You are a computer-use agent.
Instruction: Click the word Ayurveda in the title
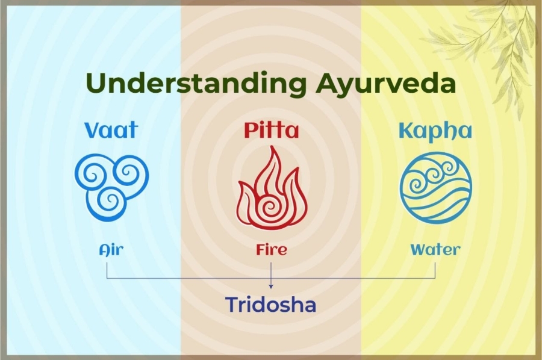pyautogui.click(x=385, y=84)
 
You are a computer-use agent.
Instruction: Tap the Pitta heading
pyautogui.click(x=270, y=131)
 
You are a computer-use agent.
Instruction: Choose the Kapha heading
pyautogui.click(x=434, y=131)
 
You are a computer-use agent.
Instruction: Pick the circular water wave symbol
pyautogui.click(x=435, y=187)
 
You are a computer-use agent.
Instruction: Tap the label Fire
pyautogui.click(x=270, y=249)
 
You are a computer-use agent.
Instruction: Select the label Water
pyautogui.click(x=435, y=249)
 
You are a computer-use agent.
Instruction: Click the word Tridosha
pyautogui.click(x=270, y=305)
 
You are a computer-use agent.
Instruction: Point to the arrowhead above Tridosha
pyautogui.click(x=271, y=285)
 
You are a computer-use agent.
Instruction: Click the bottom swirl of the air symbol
pyautogui.click(x=109, y=202)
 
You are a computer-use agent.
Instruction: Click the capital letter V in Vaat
pyautogui.click(x=91, y=131)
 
